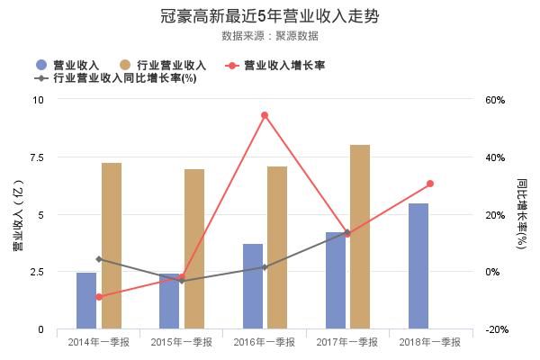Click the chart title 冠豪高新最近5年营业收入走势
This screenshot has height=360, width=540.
(270, 16)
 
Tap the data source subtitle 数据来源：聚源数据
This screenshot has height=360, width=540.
(270, 36)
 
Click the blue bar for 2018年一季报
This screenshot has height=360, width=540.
(418, 266)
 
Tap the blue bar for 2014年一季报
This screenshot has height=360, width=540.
(86, 301)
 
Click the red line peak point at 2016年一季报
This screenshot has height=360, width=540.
(265, 115)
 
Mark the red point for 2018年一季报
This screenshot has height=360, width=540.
(430, 184)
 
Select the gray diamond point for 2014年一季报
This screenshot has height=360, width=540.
(99, 259)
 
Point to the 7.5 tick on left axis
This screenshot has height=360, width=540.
(37, 157)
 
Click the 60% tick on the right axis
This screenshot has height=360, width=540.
(496, 99)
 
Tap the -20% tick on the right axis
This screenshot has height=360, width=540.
(496, 330)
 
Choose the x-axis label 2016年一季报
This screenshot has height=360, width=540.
(265, 342)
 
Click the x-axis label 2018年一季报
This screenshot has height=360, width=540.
(430, 342)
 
